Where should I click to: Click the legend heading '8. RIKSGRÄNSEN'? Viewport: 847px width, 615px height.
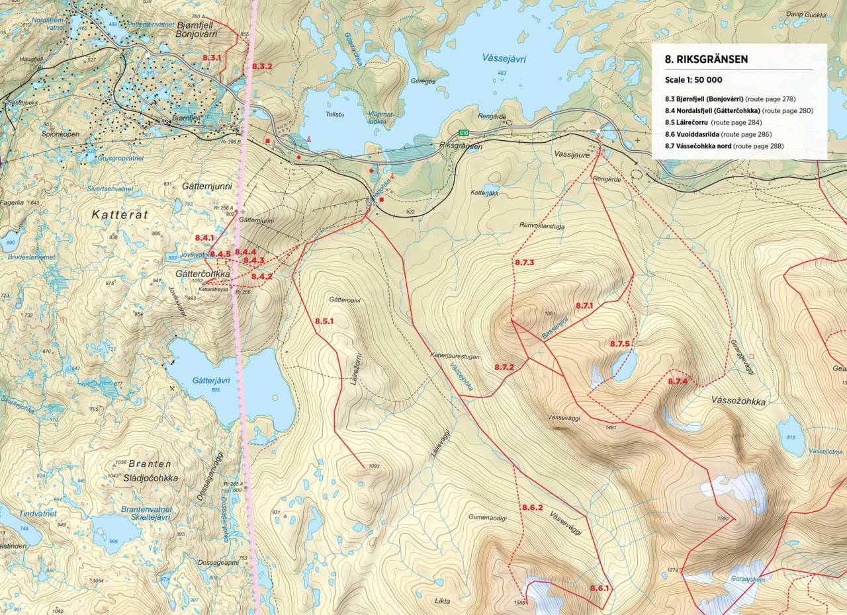[x=706, y=59]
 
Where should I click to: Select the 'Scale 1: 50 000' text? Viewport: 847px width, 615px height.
[x=695, y=79]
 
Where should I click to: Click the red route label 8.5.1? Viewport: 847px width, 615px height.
[x=324, y=321]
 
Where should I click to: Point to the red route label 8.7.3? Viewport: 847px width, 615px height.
[x=524, y=263]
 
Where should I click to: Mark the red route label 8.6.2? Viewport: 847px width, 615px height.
[x=532, y=508]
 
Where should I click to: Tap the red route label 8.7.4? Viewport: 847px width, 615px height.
[x=678, y=382]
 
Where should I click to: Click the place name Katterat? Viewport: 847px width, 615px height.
[x=123, y=215]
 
